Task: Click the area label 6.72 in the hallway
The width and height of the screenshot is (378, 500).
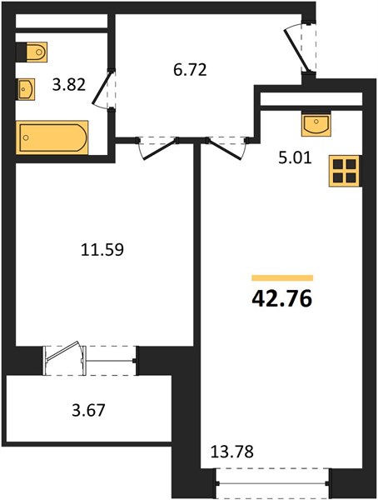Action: pyautogui.click(x=191, y=70)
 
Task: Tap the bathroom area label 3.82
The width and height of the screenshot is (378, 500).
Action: pyautogui.click(x=69, y=85)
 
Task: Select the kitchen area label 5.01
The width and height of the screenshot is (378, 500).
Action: pyautogui.click(x=295, y=157)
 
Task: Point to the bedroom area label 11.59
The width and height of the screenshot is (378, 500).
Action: pyautogui.click(x=102, y=250)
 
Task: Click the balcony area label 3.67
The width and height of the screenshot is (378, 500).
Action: pyautogui.click(x=88, y=410)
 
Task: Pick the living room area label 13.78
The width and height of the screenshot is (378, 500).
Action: pyautogui.click(x=232, y=452)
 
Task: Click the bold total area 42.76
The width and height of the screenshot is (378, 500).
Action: pyautogui.click(x=281, y=299)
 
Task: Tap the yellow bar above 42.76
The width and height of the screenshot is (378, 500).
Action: pyautogui.click(x=282, y=277)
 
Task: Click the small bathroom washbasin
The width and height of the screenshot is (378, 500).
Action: pyautogui.click(x=26, y=89)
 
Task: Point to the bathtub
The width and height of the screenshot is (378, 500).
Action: pyautogui.click(x=52, y=137)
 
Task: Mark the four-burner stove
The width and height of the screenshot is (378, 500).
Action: pyautogui.click(x=344, y=171)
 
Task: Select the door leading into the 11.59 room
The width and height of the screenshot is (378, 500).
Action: pyautogui.click(x=157, y=148)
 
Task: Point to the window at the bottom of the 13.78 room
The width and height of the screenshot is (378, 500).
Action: pyautogui.click(x=273, y=483)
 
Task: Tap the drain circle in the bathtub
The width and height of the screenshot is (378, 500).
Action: pyautogui.click(x=26, y=137)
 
